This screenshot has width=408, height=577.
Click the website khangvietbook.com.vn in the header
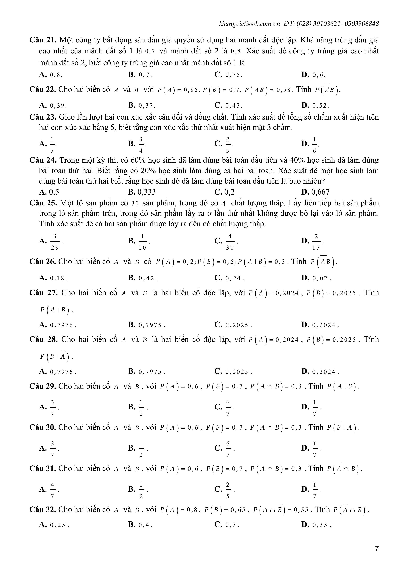pyautogui.click(x=249, y=24)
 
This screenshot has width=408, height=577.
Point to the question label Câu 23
pyautogui.click(x=43, y=117)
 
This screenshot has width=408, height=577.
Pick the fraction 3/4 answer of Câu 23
pyautogui.click(x=141, y=144)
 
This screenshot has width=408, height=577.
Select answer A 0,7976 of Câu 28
pyautogui.click(x=58, y=372)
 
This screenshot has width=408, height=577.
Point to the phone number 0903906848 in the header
pyautogui.click(x=362, y=24)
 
